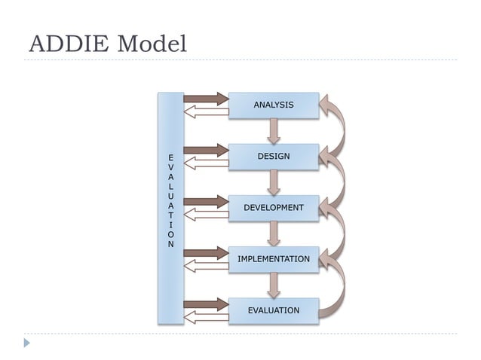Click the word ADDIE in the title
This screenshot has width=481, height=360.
68,44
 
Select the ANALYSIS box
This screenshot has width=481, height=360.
273,105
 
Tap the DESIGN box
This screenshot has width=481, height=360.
273,156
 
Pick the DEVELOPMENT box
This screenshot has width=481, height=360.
273,207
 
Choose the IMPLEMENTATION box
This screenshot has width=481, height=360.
273,259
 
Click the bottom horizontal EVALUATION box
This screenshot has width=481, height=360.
273,310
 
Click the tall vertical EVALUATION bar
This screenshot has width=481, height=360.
170,208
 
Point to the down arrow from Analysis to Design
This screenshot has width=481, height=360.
274,130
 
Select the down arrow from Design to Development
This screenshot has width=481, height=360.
274,182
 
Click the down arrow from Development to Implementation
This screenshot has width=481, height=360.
274,233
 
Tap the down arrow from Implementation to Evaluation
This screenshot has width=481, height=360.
274,284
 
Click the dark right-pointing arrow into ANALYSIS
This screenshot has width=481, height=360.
206,98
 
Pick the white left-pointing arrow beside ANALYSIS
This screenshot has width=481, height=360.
206,112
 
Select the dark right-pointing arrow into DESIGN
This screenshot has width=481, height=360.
206,149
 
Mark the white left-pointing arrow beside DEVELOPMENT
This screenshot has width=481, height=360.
206,215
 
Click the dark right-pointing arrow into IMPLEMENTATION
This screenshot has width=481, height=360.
206,252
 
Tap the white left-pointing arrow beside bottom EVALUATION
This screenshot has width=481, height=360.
206,319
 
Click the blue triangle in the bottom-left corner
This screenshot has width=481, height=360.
27,343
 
